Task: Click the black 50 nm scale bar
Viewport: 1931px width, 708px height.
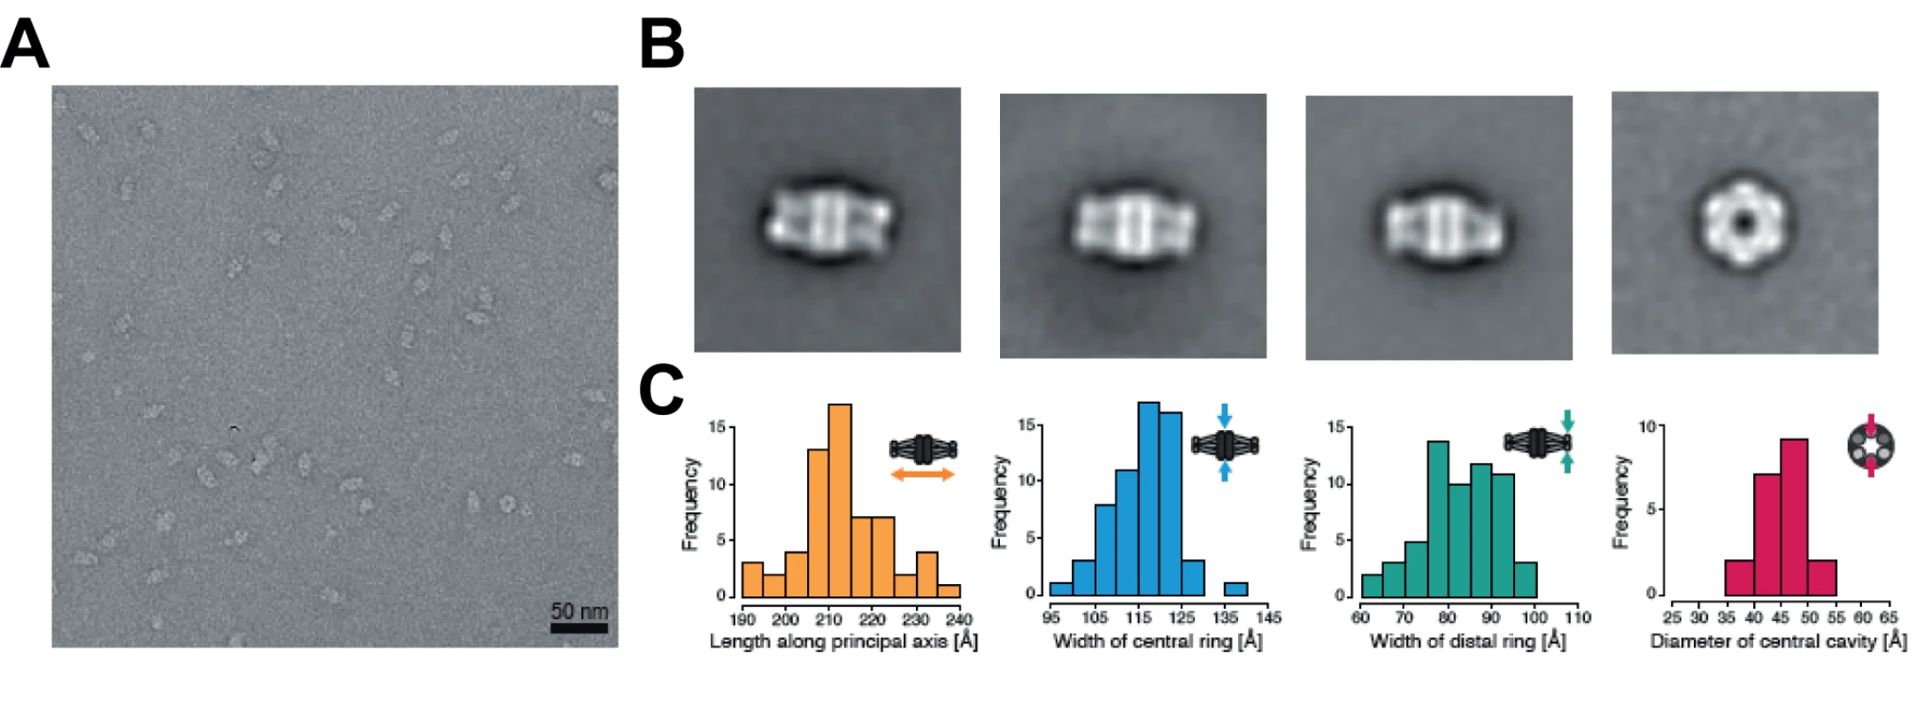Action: tap(579, 628)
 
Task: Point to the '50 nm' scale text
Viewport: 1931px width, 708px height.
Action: tap(580, 611)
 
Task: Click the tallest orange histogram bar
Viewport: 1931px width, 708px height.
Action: tap(840, 501)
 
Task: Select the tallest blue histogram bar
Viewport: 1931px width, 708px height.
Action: tap(1149, 499)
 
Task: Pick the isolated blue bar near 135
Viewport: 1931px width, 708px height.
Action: tap(1235, 589)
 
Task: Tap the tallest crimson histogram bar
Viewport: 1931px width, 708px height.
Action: tap(1794, 518)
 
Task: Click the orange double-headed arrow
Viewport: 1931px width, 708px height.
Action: tap(922, 475)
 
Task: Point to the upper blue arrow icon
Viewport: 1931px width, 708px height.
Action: tap(1225, 415)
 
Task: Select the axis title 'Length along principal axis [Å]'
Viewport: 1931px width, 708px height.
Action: tap(843, 641)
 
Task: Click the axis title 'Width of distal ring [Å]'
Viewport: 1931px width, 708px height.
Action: tap(1467, 641)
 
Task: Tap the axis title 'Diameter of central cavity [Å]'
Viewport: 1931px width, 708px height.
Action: tap(1778, 641)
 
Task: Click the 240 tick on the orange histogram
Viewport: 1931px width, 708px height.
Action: tap(959, 619)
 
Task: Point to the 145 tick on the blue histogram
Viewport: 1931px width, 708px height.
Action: tap(1268, 618)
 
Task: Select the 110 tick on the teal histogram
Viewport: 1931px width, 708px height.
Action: tap(1578, 618)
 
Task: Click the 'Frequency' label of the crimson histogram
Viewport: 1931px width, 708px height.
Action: tap(1620, 502)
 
